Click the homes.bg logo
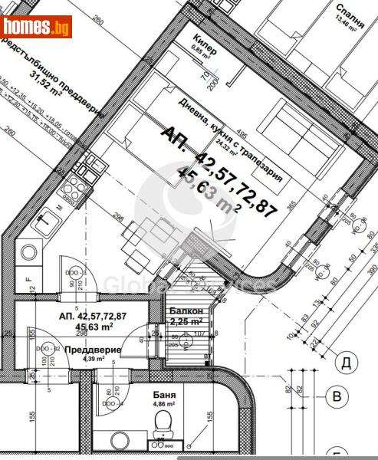click(x=37, y=27)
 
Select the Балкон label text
click(x=186, y=310)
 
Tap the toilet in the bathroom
click(x=163, y=421)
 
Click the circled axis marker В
click(x=335, y=396)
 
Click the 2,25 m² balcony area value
click(x=186, y=321)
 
